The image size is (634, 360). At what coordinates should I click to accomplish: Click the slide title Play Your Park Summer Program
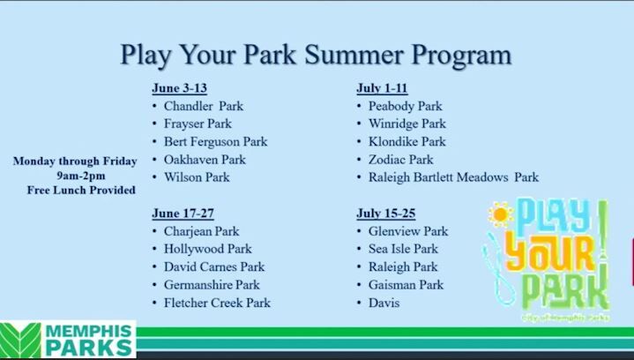pyautogui.click(x=316, y=55)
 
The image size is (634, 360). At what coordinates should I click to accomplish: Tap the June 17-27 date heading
pyautogui.click(x=183, y=214)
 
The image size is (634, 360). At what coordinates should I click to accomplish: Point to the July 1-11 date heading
pyautogui.click(x=382, y=88)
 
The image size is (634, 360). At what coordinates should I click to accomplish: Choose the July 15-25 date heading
pyautogui.click(x=385, y=214)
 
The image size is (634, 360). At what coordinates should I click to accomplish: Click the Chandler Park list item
pyautogui.click(x=203, y=106)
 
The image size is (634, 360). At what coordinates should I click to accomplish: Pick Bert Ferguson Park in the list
pyautogui.click(x=215, y=141)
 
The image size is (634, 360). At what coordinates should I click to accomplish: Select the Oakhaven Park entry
pyautogui.click(x=205, y=160)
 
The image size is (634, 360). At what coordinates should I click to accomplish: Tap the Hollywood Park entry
pyautogui.click(x=207, y=249)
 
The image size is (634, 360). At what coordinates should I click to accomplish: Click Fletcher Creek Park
pyautogui.click(x=217, y=303)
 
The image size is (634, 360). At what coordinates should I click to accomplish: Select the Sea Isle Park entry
pyautogui.click(x=403, y=249)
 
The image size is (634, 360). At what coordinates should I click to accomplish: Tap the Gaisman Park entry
pyautogui.click(x=406, y=285)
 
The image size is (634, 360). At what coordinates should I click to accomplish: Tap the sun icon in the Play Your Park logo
pyautogui.click(x=501, y=214)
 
